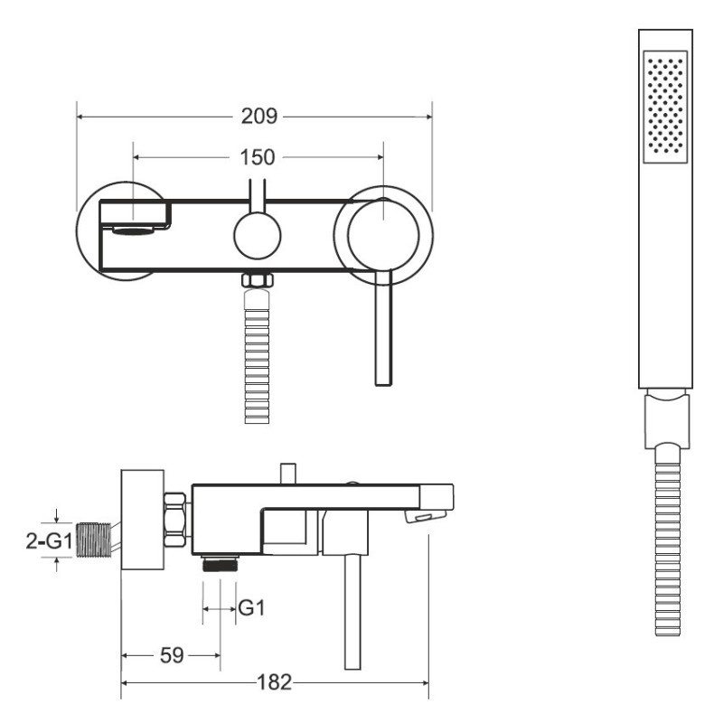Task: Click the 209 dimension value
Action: [x=259, y=117]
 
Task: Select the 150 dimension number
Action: [x=258, y=157]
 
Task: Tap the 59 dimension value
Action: [x=172, y=655]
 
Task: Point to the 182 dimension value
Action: [x=275, y=682]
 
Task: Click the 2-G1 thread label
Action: [x=50, y=540]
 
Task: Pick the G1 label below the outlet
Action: [x=252, y=608]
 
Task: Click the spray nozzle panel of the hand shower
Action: [x=665, y=107]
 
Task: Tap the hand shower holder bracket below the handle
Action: [x=667, y=418]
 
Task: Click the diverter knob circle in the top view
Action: [x=258, y=236]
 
